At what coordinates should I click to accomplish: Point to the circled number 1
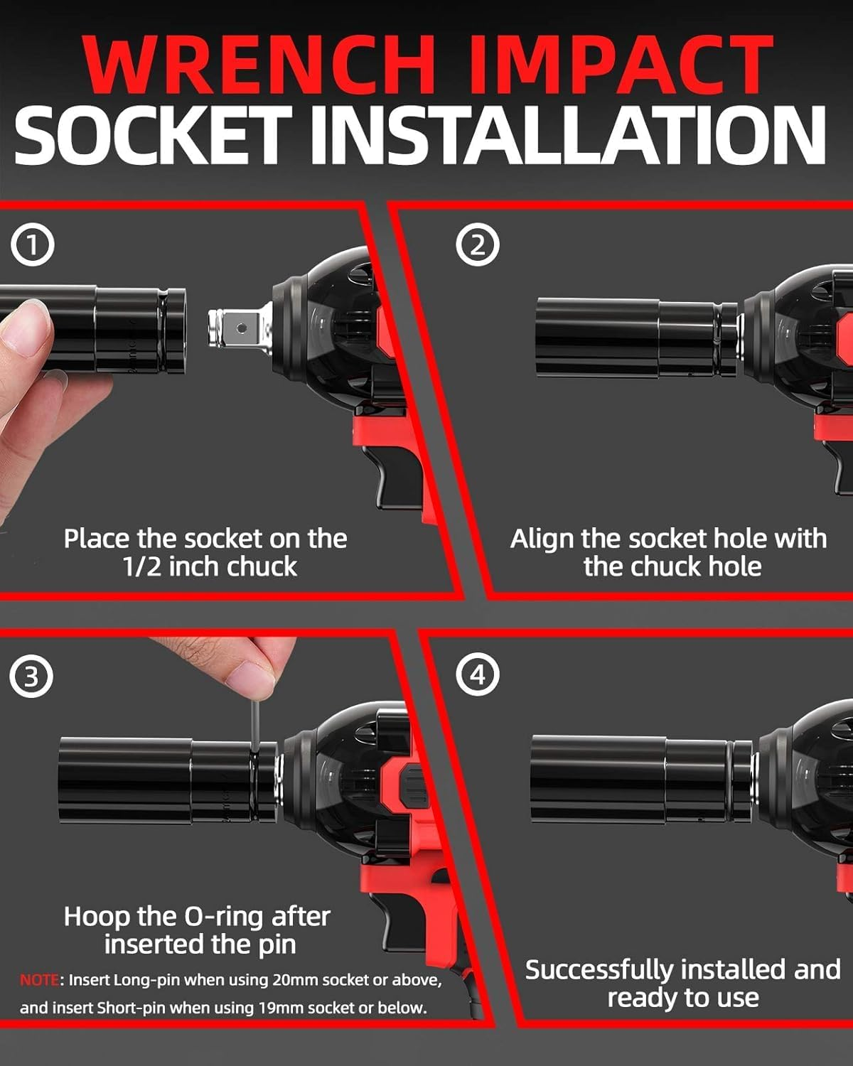[x=32, y=244]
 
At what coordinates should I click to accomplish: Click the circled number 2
[x=477, y=244]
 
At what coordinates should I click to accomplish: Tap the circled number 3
[x=31, y=676]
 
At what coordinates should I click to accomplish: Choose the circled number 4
[x=477, y=674]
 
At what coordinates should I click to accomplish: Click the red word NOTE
[x=39, y=980]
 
